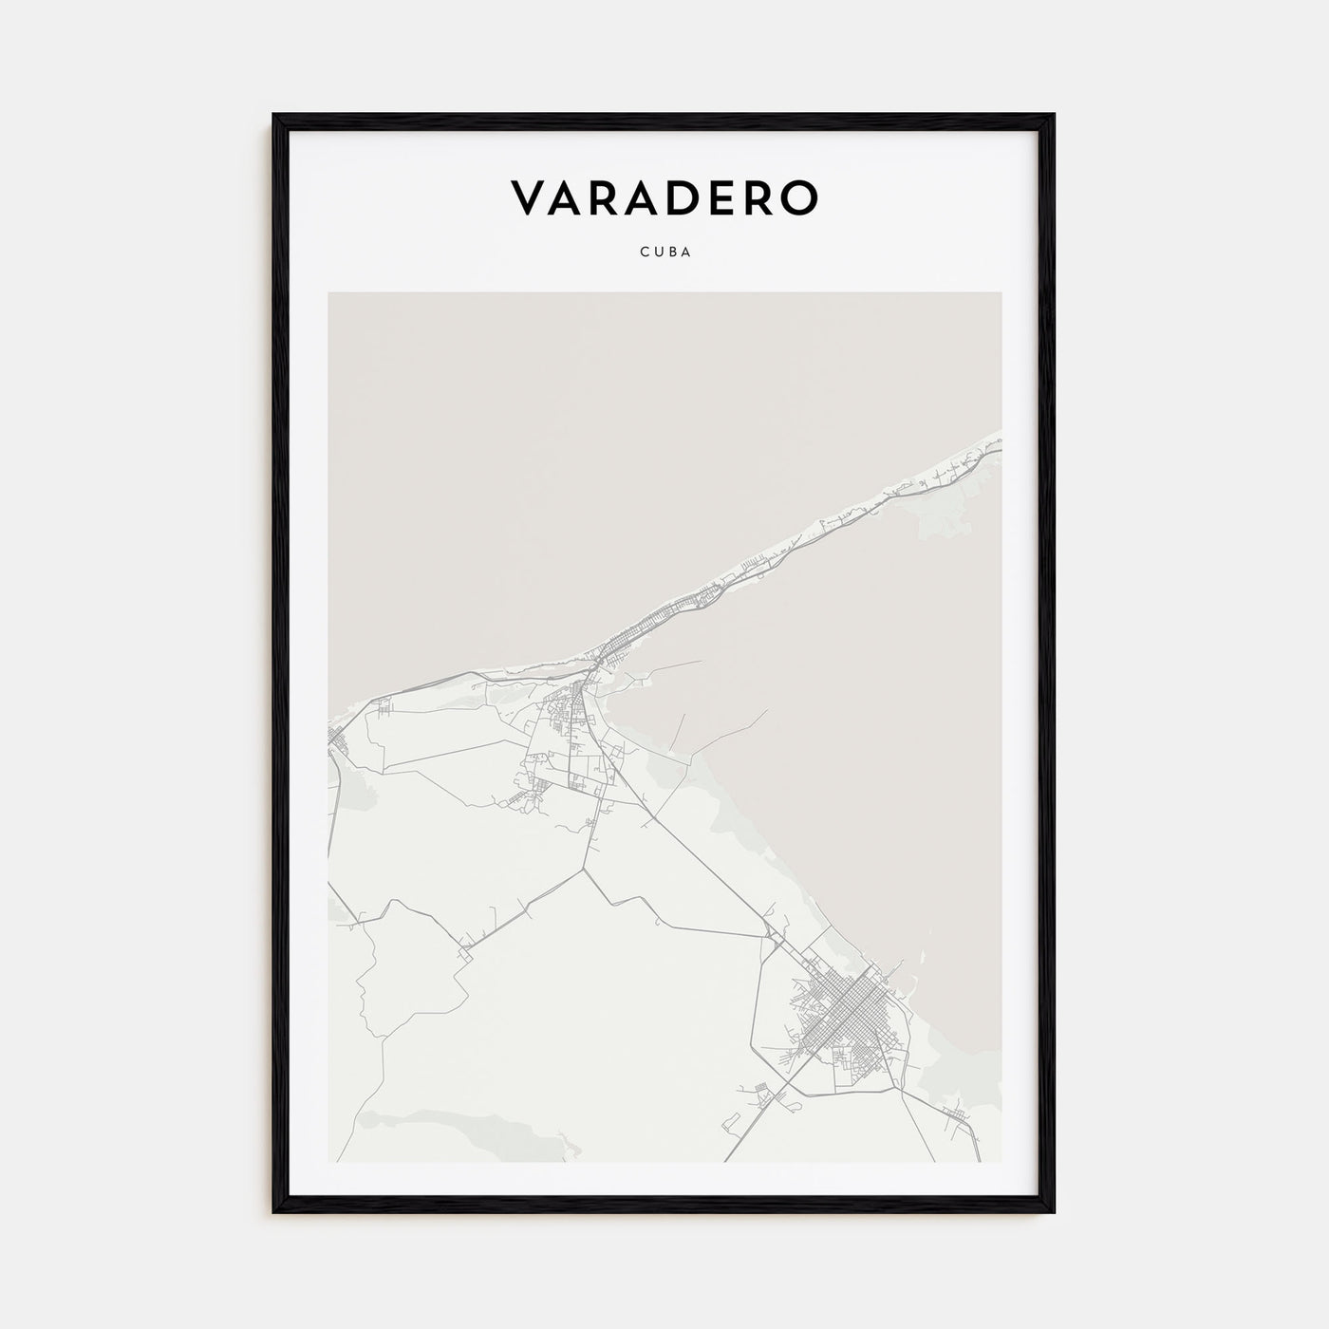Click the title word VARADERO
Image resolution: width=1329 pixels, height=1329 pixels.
[664, 197]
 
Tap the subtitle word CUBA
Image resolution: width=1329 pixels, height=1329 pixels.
[664, 253]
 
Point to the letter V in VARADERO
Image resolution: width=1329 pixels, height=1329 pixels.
[529, 197]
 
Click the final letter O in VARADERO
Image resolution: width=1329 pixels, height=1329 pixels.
[797, 197]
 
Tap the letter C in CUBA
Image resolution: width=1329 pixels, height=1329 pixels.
[644, 253]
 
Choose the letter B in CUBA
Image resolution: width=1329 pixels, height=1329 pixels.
[671, 253]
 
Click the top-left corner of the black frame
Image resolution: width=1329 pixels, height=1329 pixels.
[275, 116]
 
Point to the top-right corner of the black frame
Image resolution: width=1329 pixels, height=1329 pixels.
[1053, 116]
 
